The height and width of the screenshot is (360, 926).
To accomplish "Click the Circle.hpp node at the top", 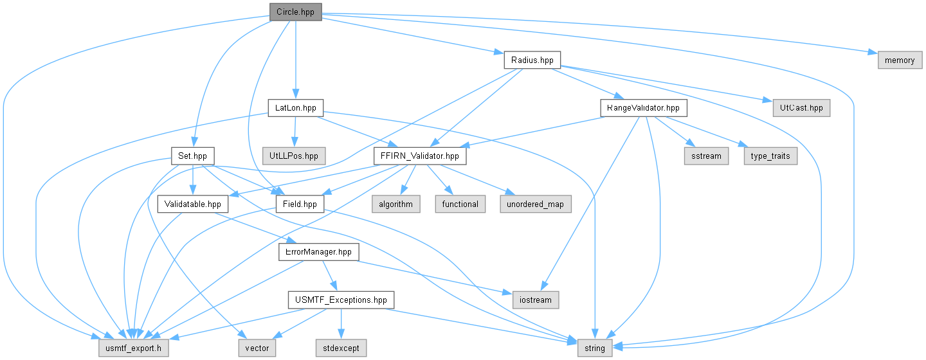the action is tap(296, 12).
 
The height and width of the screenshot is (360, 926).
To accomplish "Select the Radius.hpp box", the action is tap(532, 60).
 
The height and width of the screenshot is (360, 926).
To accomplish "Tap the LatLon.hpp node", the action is tap(296, 108).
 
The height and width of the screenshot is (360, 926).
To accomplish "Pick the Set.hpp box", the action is tap(193, 156).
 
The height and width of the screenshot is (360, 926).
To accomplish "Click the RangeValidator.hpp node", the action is tap(644, 108).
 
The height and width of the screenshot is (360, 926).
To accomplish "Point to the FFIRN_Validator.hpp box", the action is tap(420, 156).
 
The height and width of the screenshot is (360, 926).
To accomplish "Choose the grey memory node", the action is tap(900, 60).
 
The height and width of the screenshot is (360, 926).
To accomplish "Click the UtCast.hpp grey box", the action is tap(801, 108).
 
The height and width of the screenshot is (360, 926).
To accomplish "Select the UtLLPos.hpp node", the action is tap(294, 156).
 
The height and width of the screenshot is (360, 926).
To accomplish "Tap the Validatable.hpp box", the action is tap(193, 204).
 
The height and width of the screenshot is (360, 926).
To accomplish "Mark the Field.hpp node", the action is tap(300, 204).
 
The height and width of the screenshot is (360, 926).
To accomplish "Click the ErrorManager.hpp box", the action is tap(319, 252).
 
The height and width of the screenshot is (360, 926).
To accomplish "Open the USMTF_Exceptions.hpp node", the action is tap(341, 300).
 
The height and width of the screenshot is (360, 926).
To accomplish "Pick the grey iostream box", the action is tap(536, 300).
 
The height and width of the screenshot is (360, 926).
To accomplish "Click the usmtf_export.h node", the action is tap(134, 348).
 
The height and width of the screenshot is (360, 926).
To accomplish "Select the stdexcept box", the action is tap(341, 348).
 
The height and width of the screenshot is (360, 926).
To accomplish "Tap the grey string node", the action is tap(595, 348).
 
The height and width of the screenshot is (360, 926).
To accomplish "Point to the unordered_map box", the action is tap(535, 204).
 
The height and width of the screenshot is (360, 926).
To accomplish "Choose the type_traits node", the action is tap(770, 156).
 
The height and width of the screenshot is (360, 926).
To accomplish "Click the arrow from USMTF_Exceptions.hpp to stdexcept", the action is tap(341, 323).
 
